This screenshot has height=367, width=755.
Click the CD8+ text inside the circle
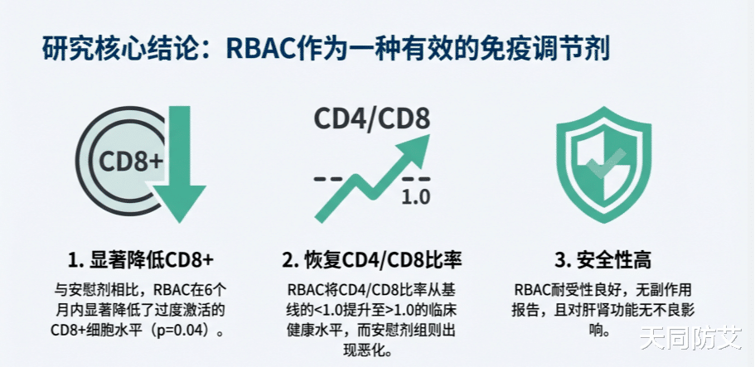pyautogui.click(x=131, y=160)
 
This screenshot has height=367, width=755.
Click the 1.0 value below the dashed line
pyautogui.click(x=414, y=198)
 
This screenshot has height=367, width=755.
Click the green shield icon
pyautogui.click(x=603, y=165)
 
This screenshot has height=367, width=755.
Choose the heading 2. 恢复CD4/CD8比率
pyautogui.click(x=371, y=260)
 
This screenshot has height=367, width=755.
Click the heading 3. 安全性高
pyautogui.click(x=603, y=260)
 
